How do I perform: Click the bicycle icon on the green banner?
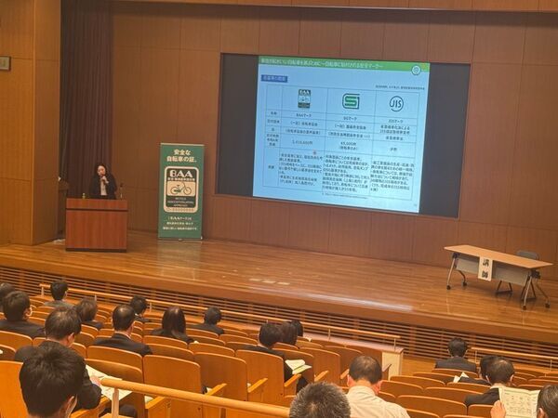coord(181,189)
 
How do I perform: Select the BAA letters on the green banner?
coord(181,173)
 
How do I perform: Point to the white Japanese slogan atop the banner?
coord(181,155)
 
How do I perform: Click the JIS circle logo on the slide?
coord(396,102)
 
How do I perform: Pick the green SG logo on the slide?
coord(351,101)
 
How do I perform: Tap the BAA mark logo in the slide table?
coord(304,99)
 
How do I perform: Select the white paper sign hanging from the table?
coord(485,268)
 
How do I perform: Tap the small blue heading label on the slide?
coord(276,78)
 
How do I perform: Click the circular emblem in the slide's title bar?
coord(416,69)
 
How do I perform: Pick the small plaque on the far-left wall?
coord(5,63)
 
